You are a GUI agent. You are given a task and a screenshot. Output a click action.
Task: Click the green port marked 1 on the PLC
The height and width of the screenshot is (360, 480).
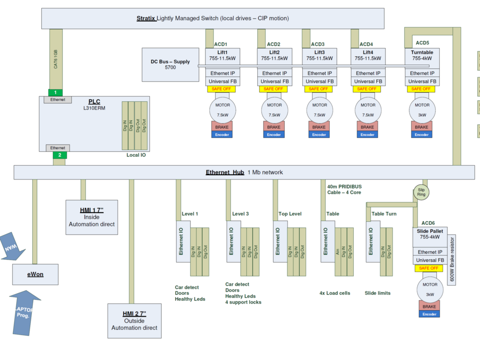tap(55, 92)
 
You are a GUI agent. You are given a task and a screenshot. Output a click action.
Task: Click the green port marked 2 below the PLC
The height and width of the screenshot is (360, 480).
tap(60, 155)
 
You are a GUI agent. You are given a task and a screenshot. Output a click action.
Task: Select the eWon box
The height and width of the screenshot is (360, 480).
tap(35, 275)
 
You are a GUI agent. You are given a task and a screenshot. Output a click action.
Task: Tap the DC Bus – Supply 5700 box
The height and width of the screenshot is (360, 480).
tap(170, 64)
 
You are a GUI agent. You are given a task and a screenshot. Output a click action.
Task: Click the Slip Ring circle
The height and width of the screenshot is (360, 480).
tap(421, 193)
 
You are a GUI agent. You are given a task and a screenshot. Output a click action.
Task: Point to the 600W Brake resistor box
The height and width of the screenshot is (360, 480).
tap(452, 260)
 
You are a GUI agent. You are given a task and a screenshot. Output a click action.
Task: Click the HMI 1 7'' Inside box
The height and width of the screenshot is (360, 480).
tap(91, 217)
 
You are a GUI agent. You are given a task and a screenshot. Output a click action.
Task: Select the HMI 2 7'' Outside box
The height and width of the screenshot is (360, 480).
tap(134, 321)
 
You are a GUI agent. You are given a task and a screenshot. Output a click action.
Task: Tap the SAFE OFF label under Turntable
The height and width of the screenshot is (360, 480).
tap(421, 89)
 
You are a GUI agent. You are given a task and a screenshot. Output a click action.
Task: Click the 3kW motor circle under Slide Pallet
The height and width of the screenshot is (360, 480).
tap(430, 288)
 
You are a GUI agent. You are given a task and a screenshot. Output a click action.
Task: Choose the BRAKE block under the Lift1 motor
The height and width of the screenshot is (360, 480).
tap(222, 127)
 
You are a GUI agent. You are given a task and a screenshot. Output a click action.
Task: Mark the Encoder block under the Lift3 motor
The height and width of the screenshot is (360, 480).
tap(319, 135)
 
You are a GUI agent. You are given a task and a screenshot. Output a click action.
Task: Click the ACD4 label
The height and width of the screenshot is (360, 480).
tap(366, 44)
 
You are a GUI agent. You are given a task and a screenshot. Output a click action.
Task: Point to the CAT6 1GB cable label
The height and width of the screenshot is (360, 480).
tap(56, 59)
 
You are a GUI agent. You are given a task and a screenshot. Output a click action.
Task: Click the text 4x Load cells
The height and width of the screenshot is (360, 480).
tap(335, 293)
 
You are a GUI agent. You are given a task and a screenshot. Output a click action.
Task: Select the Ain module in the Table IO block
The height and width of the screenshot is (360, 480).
tap(338, 251)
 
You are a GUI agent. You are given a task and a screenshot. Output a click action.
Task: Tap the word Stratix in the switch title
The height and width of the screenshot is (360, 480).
tap(146, 18)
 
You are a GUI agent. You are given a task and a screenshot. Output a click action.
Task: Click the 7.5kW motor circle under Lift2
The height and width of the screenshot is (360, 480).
tap(275, 110)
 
